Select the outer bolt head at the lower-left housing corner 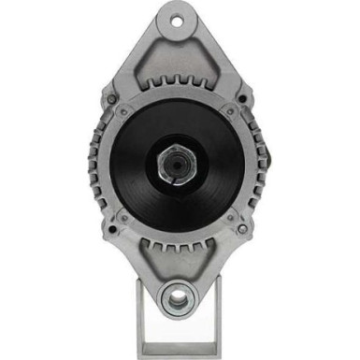pos(111,228)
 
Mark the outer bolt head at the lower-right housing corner pos(242,228)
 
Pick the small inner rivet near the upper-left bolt pos(123,110)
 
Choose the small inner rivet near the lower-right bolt pos(230,217)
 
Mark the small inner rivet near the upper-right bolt pos(230,110)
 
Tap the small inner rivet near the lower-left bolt pos(123,217)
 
